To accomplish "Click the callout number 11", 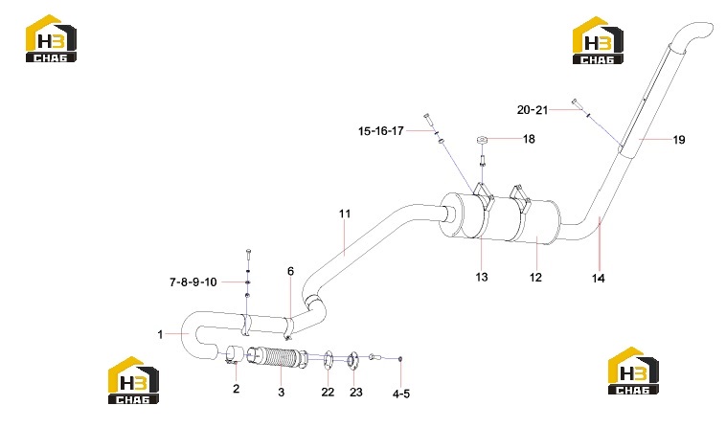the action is pos(345,214).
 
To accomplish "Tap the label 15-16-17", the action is pos(380,131).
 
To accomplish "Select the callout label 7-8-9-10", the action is pos(193,282).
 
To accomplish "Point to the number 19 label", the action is pos(679,140).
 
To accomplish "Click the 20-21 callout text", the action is pos(533,110).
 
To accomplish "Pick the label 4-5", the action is pos(401,394).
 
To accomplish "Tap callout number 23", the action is pos(355,393).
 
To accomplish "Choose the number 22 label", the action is pos(328,393).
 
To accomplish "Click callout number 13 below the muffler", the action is pos(482,277).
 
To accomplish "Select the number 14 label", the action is pos(599,278).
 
